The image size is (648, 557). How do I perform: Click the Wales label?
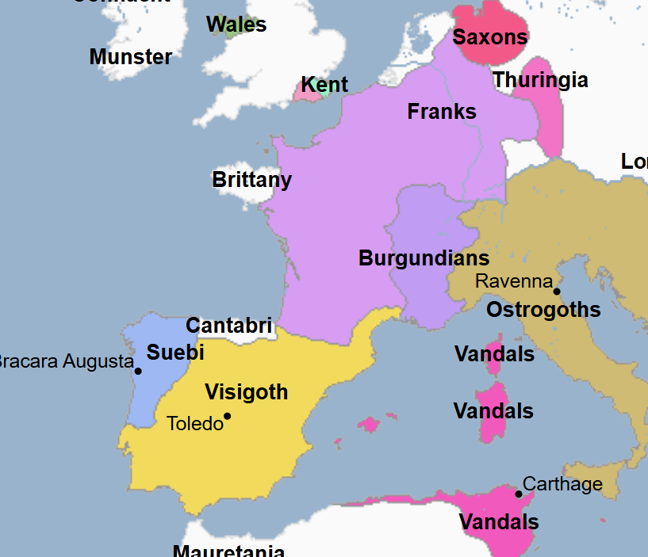click(x=236, y=25)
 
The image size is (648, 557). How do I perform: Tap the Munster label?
click(x=131, y=57)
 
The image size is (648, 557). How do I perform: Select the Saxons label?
click(x=490, y=36)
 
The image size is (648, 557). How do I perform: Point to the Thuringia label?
click(x=540, y=80)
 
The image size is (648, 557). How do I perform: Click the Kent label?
click(x=324, y=85)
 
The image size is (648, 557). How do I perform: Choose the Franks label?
click(x=442, y=112)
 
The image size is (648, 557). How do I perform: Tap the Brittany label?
click(x=251, y=180)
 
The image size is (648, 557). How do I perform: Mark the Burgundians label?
click(x=424, y=258)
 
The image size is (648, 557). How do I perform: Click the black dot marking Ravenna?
click(x=557, y=292)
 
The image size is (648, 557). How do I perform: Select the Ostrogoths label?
click(x=543, y=310)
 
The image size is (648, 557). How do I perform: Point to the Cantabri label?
click(x=228, y=326)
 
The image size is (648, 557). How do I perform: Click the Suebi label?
click(x=175, y=353)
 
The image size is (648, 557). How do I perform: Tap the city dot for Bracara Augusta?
click(x=138, y=371)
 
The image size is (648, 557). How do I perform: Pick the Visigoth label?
click(x=246, y=392)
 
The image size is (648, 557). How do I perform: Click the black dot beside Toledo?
click(x=227, y=416)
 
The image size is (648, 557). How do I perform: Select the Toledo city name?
click(x=195, y=424)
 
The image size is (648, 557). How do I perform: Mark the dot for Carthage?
click(x=519, y=494)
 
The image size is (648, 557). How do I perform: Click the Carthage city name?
click(x=562, y=484)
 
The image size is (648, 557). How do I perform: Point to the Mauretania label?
click(x=228, y=550)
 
